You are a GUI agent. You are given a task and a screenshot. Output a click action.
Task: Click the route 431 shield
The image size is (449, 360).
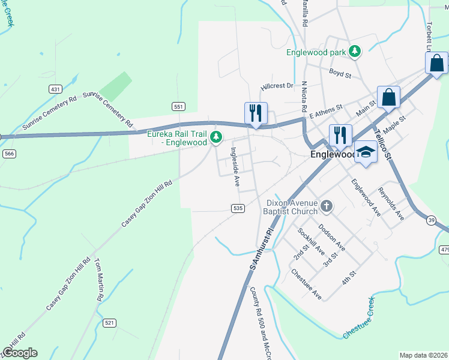pos(55,89)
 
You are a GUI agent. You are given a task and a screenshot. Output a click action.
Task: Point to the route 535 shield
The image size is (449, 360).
pos(237,208)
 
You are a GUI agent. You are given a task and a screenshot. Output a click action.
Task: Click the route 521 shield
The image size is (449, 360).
pos(109,323)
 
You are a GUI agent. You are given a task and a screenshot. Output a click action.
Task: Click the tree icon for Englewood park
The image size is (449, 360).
pos(355,52)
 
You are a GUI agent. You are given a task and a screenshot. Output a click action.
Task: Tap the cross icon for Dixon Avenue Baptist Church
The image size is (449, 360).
pos(327,206)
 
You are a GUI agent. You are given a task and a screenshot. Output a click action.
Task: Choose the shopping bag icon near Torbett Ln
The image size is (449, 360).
pos(436,62)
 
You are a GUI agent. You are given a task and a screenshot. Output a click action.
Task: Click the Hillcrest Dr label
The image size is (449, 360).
pos(277,86)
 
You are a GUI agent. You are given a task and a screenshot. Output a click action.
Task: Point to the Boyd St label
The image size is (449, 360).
pos(340,73)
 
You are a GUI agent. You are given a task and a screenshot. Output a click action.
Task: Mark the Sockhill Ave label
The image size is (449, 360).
pos(312,242)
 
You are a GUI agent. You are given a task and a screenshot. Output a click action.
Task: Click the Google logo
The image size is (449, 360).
pos(19,353)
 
